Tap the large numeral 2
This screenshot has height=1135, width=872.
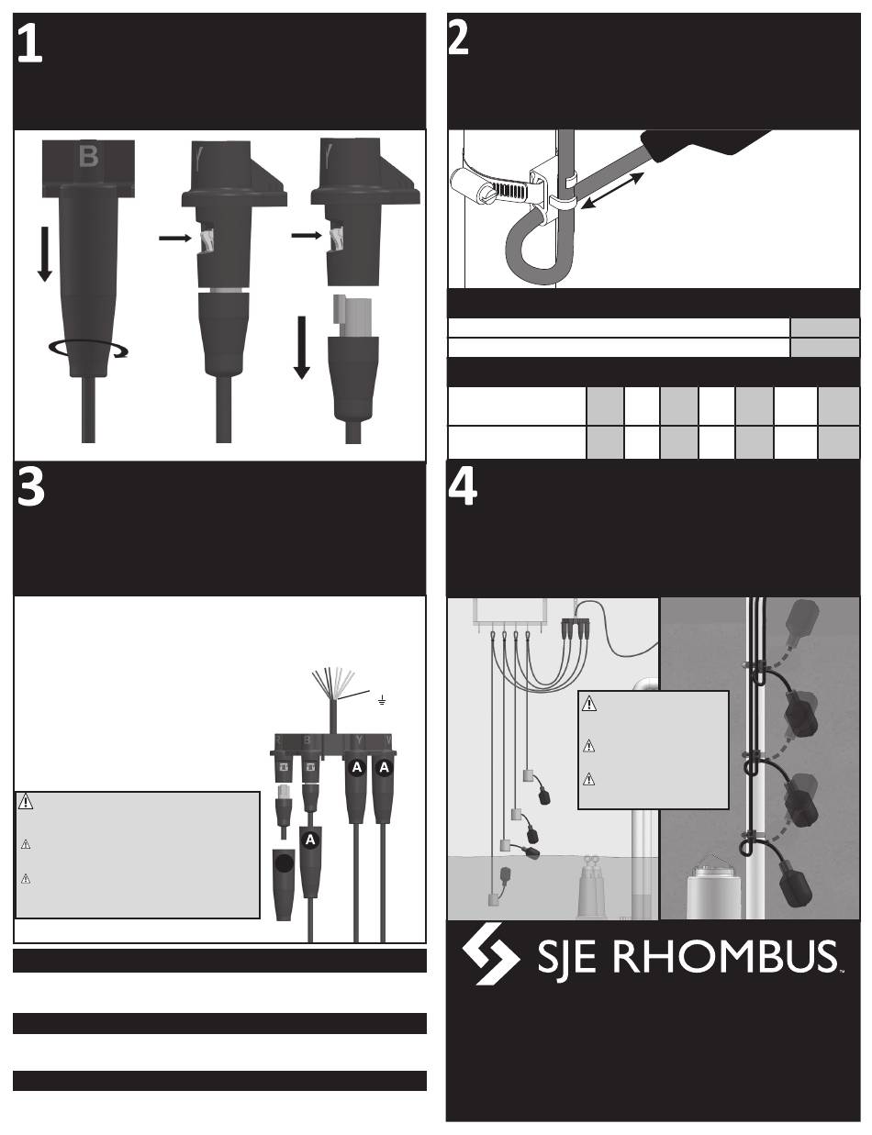(458, 39)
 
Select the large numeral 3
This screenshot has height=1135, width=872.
(31, 487)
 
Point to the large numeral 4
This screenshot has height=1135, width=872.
(463, 487)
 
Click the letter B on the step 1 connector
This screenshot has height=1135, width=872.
(88, 156)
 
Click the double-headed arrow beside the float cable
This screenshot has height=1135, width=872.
(612, 191)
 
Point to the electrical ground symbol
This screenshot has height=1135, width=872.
(382, 700)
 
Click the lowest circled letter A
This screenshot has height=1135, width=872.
(310, 840)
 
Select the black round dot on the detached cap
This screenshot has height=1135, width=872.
(284, 864)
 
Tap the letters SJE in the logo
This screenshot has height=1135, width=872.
(566, 957)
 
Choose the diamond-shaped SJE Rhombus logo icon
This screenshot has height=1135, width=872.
(490, 953)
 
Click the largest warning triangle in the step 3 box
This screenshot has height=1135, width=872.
(25, 802)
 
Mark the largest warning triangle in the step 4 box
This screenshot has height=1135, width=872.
(588, 703)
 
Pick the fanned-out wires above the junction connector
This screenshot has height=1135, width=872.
(333, 681)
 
